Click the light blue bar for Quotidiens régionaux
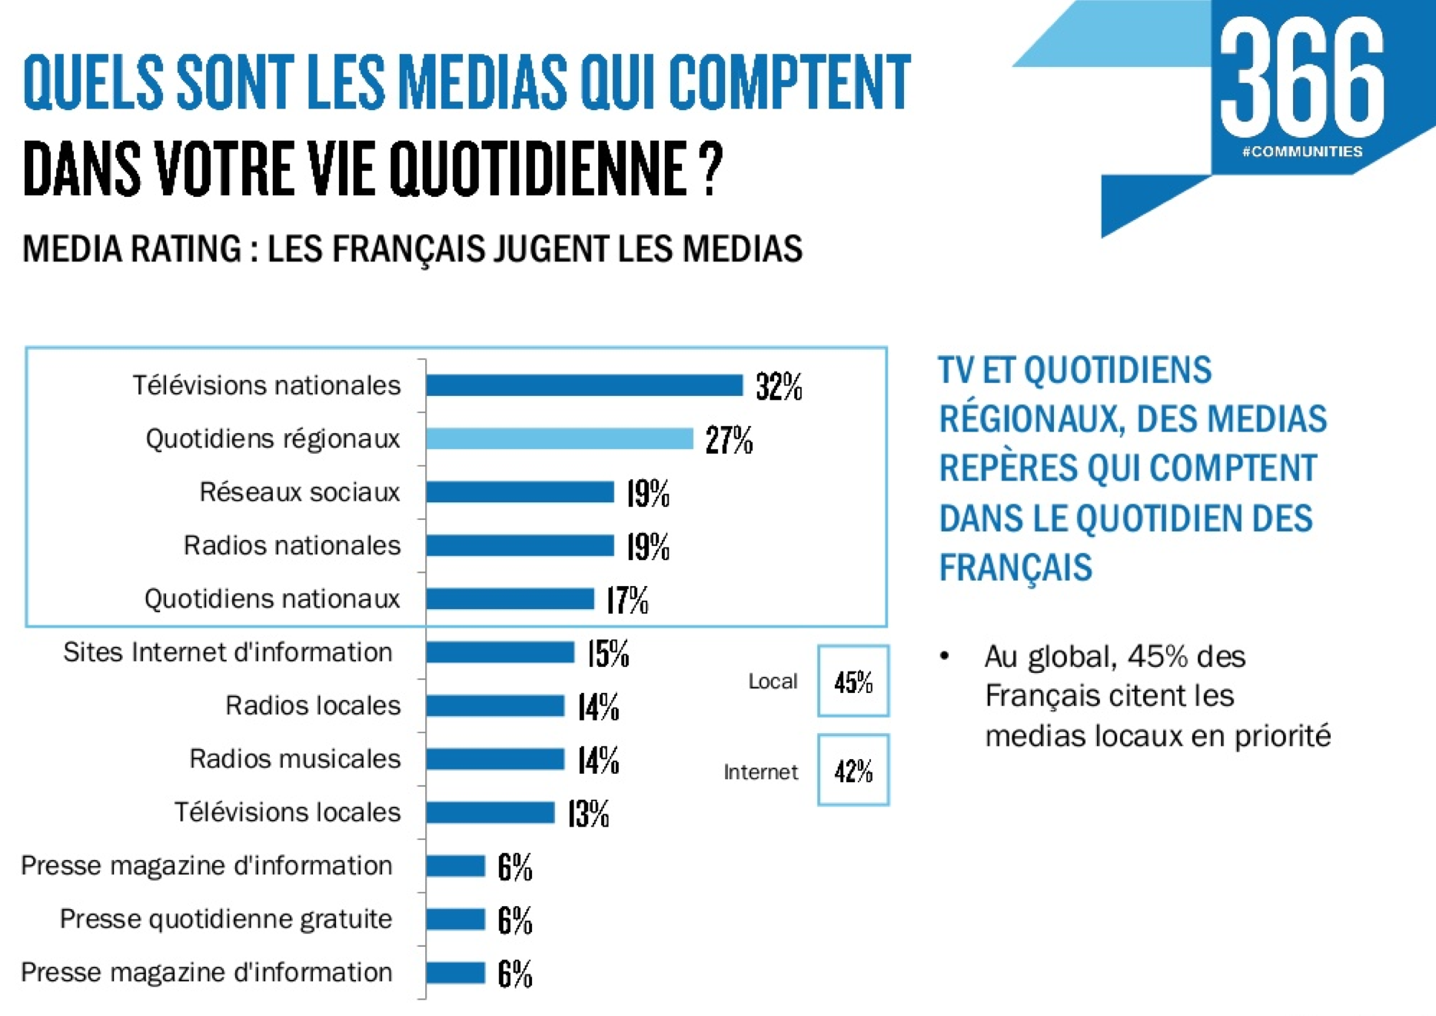pos(560,439)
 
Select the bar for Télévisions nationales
pos(584,385)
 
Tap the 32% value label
pos(779,387)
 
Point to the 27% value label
pos(729,441)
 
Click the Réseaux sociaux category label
pos(300,492)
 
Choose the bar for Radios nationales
pos(520,546)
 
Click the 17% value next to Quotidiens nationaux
pos(627,601)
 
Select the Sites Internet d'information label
pos(228,652)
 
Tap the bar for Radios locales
pos(495,706)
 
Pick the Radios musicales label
pos(295,759)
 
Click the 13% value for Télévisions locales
pos(588,814)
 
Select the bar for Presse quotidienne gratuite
pos(455,920)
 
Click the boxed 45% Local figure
pos(853,682)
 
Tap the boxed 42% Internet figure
pos(853,771)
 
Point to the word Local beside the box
pos(773,681)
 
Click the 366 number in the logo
pos(1301,77)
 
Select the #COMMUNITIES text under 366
pos(1301,152)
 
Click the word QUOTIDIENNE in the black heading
pos(537,169)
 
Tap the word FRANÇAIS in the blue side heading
pos(1015,568)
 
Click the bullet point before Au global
pos(945,656)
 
